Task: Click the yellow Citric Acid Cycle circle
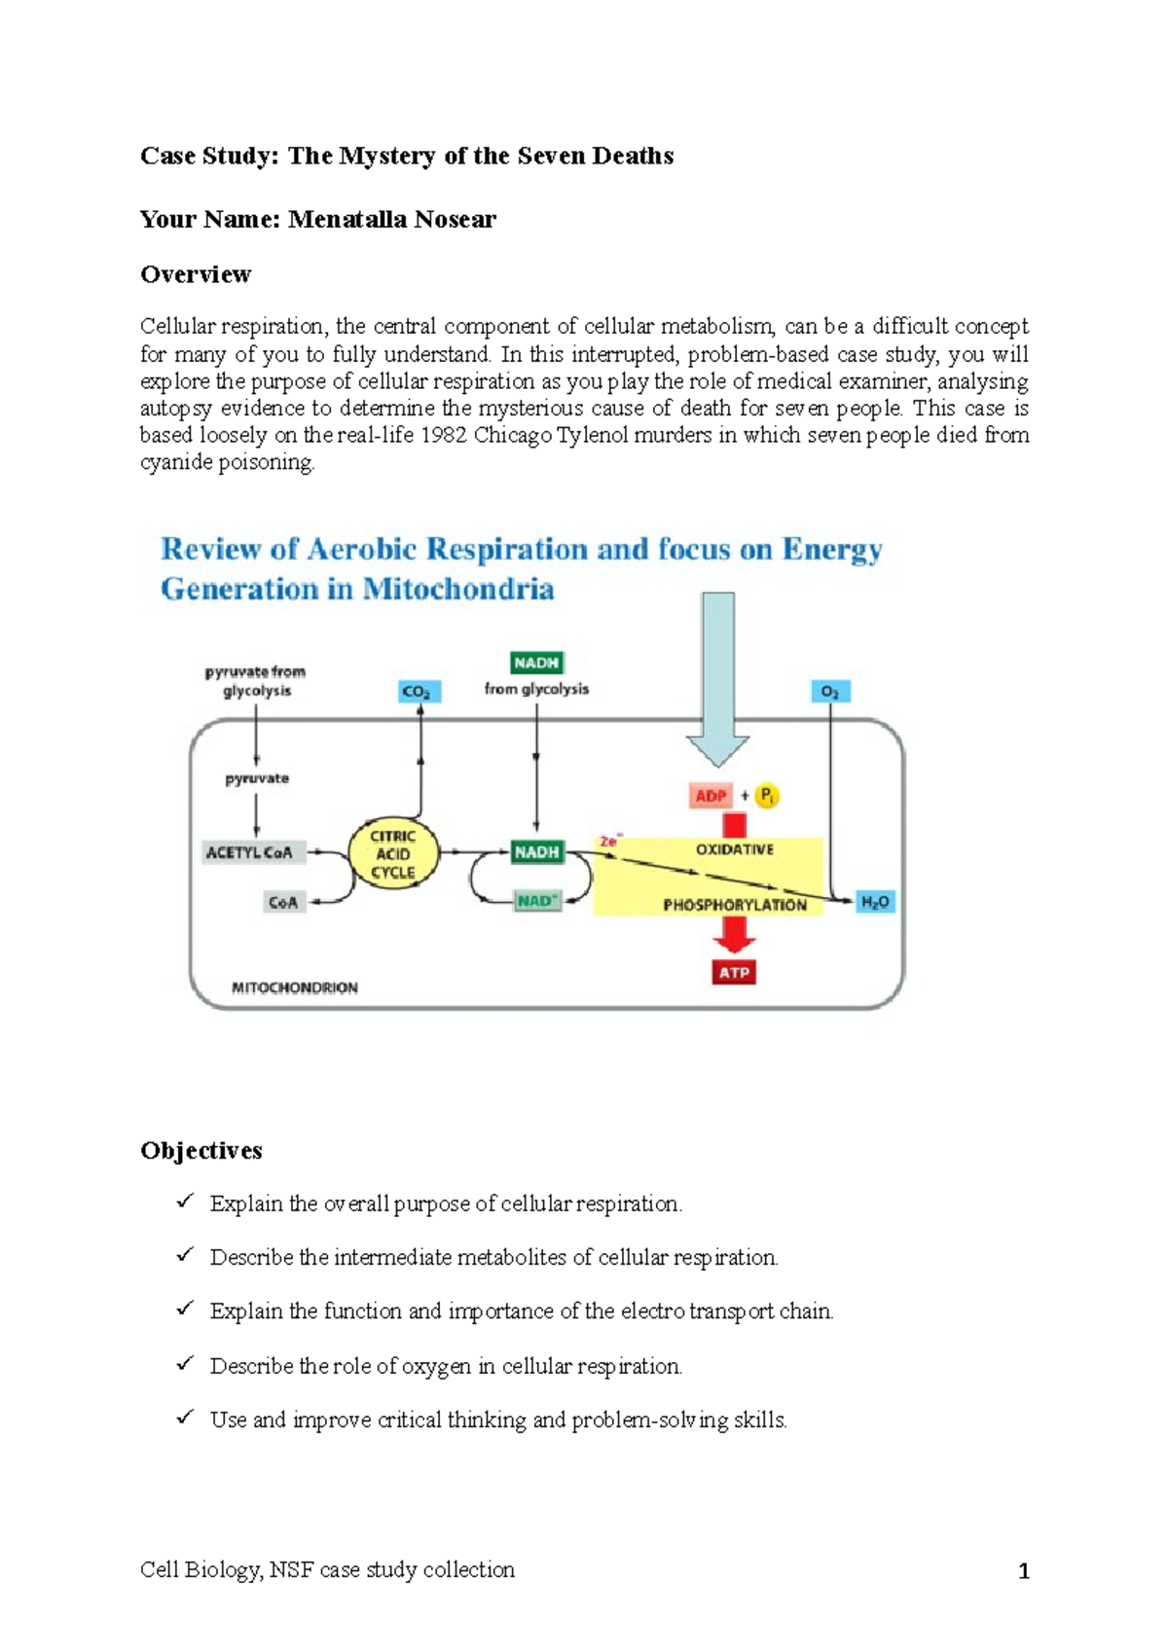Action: tap(392, 854)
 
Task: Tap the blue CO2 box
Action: tap(420, 692)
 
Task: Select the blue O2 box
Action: tap(830, 692)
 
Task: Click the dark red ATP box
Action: tap(734, 973)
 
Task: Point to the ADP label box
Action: tap(711, 796)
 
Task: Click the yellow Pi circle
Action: tap(767, 796)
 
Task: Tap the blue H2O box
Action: tap(875, 903)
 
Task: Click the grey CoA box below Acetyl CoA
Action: tap(283, 903)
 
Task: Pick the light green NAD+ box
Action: tap(537, 901)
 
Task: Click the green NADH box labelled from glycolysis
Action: tap(536, 664)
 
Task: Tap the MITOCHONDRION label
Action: tap(294, 988)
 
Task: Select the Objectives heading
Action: tap(201, 1151)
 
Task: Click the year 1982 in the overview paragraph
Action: tap(443, 435)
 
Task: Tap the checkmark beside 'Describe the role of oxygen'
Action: tap(184, 1364)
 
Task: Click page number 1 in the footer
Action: tap(1023, 1571)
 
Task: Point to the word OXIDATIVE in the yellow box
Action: tap(734, 849)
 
